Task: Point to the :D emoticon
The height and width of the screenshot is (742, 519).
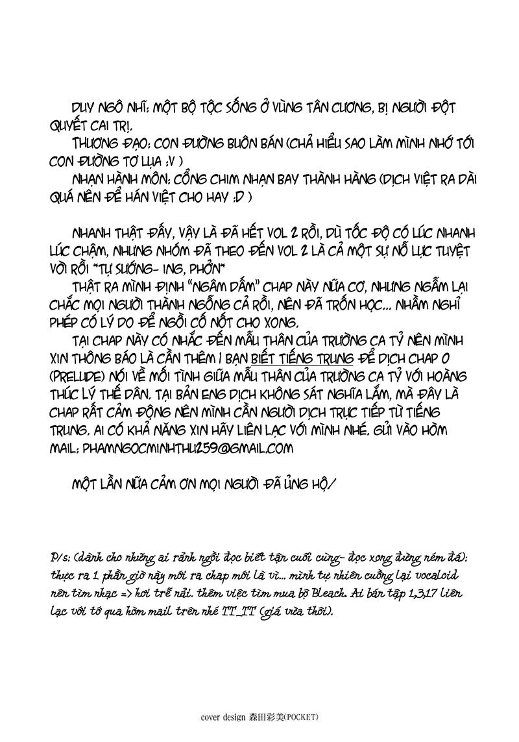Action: pyautogui.click(x=242, y=197)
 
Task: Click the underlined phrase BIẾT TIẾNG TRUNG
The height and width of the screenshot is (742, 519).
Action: pyautogui.click(x=302, y=358)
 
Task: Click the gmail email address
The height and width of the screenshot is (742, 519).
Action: pyautogui.click(x=187, y=448)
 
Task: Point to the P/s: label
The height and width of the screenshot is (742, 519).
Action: pyautogui.click(x=62, y=558)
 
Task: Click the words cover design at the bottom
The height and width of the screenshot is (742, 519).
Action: pyautogui.click(x=223, y=717)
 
